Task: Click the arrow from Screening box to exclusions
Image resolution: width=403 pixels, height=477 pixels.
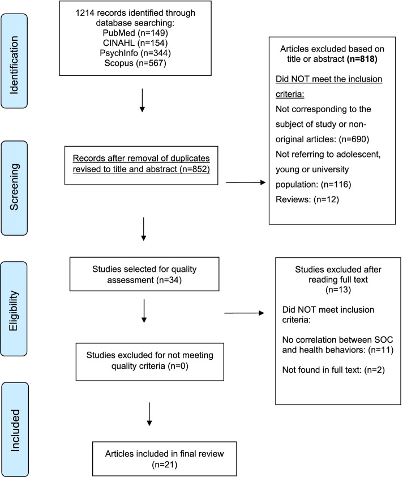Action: [246, 182]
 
